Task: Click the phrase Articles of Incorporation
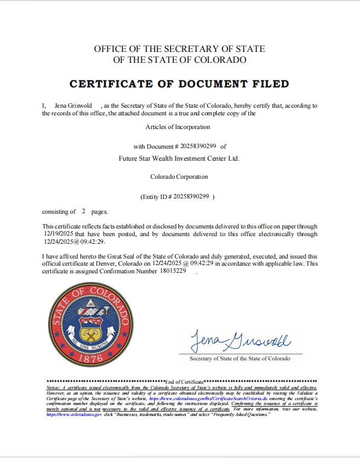coord(178,127)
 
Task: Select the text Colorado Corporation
coord(179,177)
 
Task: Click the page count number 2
coord(84,211)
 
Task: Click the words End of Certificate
coord(184,380)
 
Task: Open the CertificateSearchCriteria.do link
coord(219,400)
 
